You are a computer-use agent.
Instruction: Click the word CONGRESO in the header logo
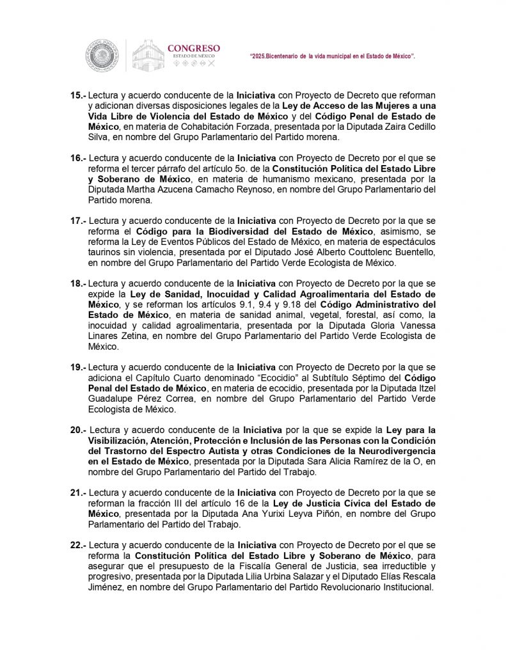[193, 48]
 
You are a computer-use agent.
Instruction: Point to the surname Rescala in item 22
[396, 577]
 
